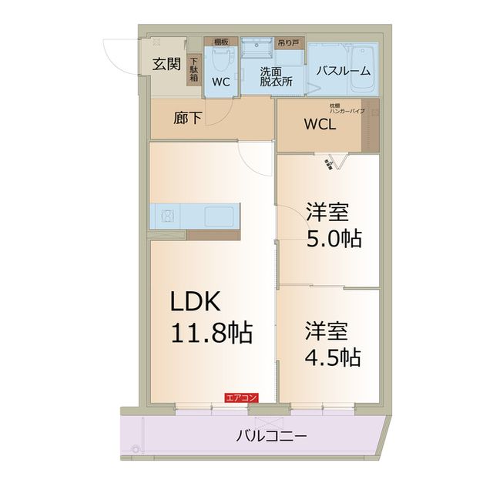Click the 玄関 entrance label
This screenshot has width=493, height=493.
tap(166, 64)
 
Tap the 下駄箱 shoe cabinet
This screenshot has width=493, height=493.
tap(194, 72)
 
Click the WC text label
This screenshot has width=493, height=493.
tap(221, 81)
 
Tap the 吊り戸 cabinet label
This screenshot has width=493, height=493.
tap(289, 42)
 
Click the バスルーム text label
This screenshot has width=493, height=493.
tap(344, 71)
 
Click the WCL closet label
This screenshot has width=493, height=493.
tap(319, 126)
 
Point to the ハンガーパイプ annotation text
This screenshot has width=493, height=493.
tap(347, 112)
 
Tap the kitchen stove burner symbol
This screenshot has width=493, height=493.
tap(168, 216)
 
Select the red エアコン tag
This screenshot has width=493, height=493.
tap(241, 398)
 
